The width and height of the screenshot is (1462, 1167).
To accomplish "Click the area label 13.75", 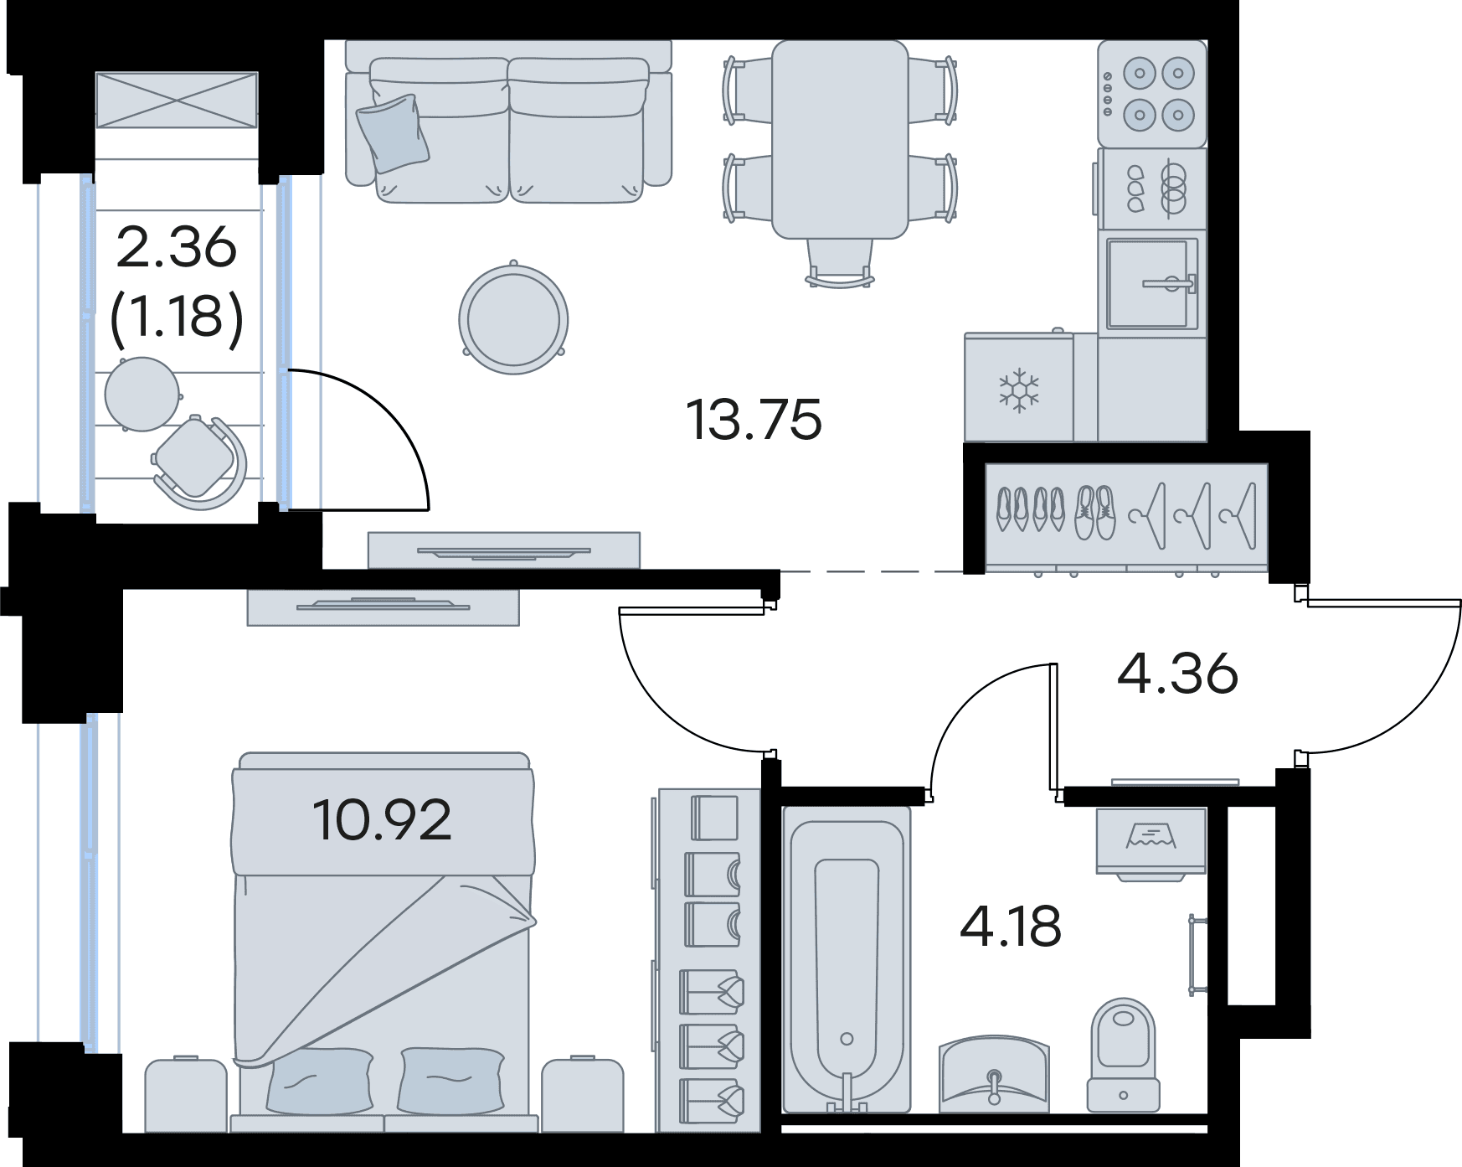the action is click(x=754, y=420).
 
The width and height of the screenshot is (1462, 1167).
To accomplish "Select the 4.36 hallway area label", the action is click(x=1177, y=674).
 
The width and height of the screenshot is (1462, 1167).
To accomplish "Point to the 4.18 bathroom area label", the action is click(x=1011, y=927).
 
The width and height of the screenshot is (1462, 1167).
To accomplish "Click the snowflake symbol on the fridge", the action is click(x=1019, y=390).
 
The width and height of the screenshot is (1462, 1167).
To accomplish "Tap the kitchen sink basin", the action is click(x=1152, y=283).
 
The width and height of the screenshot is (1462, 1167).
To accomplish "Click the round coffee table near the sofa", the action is click(x=513, y=318).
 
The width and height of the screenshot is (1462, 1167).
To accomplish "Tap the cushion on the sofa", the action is click(x=392, y=133).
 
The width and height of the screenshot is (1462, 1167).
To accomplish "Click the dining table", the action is click(x=840, y=139).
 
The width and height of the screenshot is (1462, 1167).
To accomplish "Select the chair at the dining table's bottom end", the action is click(x=840, y=263).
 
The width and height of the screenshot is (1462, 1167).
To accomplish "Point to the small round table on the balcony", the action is click(x=142, y=394).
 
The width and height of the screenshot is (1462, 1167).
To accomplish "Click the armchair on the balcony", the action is click(x=198, y=462).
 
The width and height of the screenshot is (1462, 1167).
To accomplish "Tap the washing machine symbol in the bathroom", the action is click(x=1151, y=843).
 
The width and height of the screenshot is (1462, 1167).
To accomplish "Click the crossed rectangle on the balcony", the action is click(x=177, y=100).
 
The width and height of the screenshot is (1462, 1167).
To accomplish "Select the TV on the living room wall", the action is click(x=503, y=550).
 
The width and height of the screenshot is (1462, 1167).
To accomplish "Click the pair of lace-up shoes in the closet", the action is click(x=1095, y=513).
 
